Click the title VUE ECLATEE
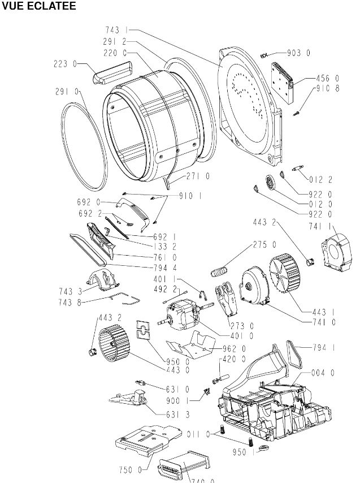(38, 6)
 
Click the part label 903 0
(299, 53)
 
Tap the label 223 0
(66, 64)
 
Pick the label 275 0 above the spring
(265, 245)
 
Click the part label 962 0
(234, 348)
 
